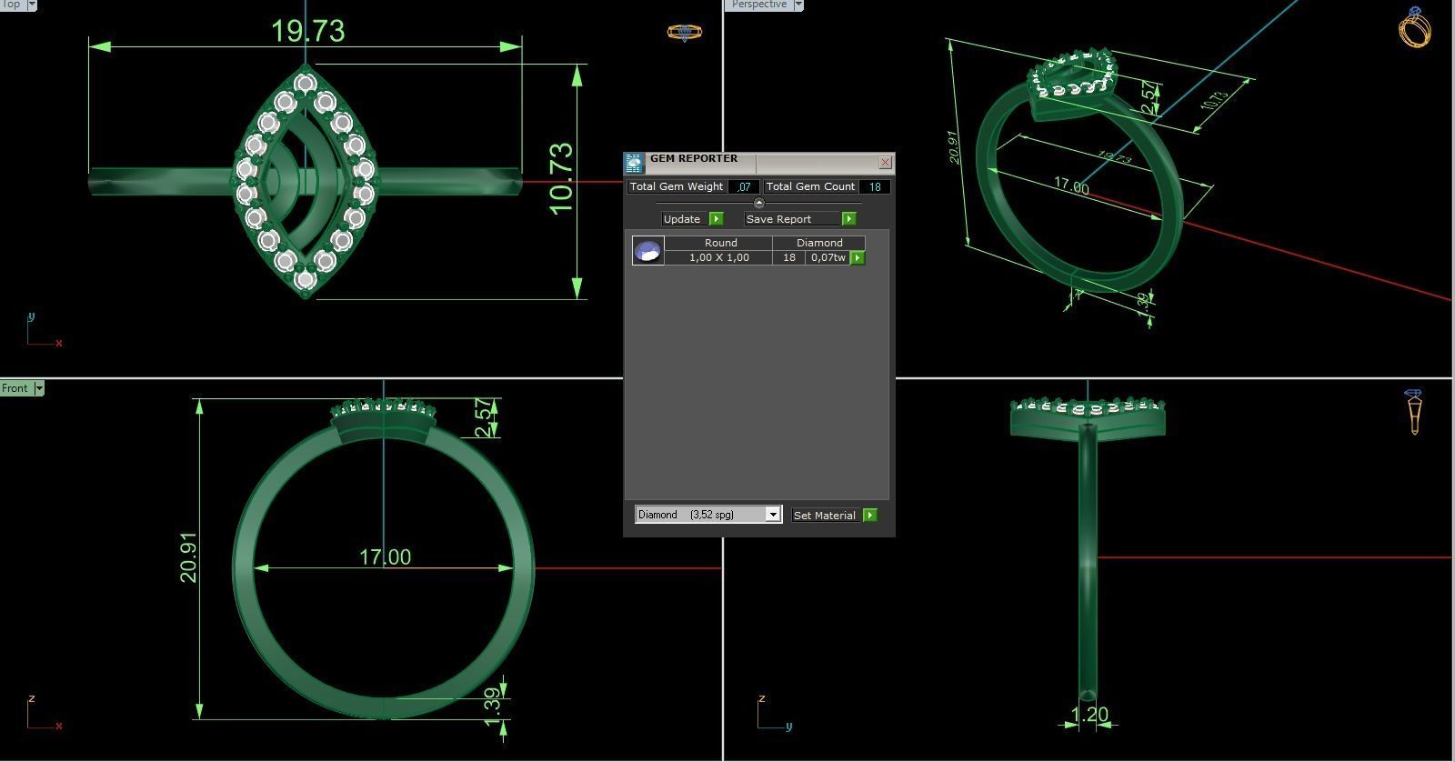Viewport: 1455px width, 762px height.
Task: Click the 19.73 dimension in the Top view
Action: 308,31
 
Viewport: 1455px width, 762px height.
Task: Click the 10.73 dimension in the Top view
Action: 562,178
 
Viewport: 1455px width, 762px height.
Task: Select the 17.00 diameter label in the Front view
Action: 385,556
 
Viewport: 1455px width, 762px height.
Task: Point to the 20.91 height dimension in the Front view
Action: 188,557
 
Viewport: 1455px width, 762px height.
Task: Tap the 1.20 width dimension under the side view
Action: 1089,715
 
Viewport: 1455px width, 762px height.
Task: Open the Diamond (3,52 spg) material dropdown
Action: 772,515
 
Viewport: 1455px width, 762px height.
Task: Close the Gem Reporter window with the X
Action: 885,163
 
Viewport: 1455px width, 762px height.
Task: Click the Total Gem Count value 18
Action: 874,187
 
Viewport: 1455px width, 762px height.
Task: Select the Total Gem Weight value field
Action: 744,187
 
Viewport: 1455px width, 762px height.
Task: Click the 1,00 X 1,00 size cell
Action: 718,258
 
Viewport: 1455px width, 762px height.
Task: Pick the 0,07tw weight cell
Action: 828,258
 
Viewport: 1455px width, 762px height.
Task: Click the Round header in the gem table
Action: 720,243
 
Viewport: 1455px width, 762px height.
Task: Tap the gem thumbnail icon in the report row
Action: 648,251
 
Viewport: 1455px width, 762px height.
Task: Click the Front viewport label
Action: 15,388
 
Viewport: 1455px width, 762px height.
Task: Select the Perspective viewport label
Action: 758,5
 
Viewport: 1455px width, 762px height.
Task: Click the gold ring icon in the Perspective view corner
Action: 1414,27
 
